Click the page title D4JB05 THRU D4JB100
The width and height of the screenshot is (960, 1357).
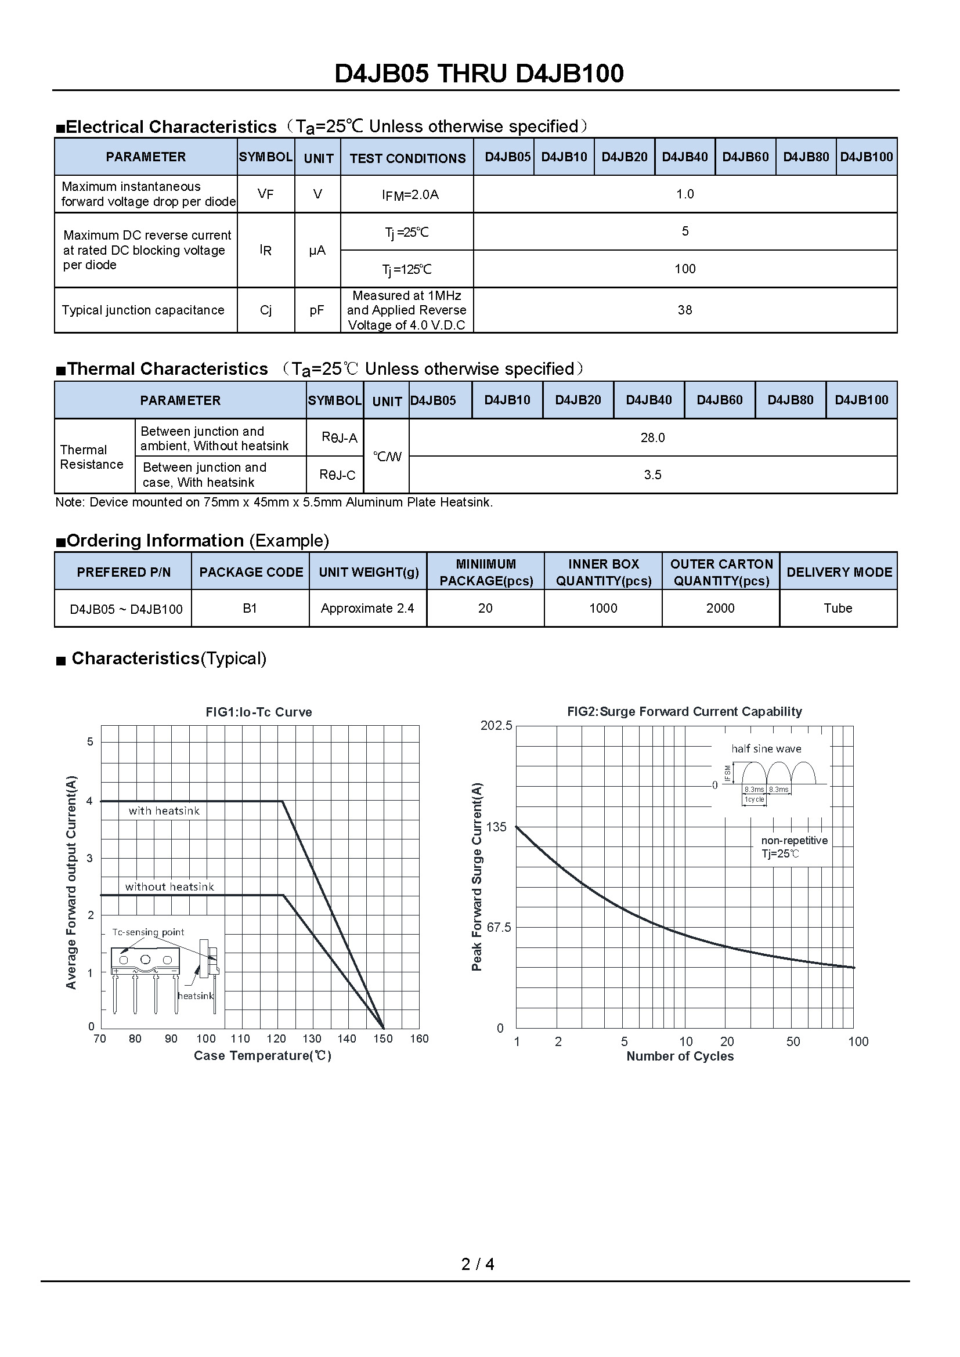pos(479,74)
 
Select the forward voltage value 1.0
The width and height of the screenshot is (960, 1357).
pos(684,194)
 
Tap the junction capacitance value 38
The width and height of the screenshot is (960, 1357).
pos(684,310)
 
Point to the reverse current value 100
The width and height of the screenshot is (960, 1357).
pos(684,269)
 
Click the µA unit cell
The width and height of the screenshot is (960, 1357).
pos(317,251)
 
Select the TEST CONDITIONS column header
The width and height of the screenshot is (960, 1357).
pos(407,158)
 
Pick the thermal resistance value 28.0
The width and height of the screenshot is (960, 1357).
pos(652,437)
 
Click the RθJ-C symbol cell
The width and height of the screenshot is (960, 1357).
pos(337,475)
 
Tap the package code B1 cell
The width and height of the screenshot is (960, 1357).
pos(250,608)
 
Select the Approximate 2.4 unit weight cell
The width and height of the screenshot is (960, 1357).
pos(367,608)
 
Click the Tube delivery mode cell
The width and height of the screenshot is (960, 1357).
pos(838,608)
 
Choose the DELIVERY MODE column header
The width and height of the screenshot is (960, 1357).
pos(839,571)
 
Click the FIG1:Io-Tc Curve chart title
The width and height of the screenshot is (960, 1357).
pos(258,712)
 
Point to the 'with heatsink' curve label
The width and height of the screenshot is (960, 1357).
pos(164,811)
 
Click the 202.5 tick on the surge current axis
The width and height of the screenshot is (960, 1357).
pos(496,725)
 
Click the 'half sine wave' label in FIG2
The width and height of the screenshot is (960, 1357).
pos(766,749)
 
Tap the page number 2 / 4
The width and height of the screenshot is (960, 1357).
pos(478,1264)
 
